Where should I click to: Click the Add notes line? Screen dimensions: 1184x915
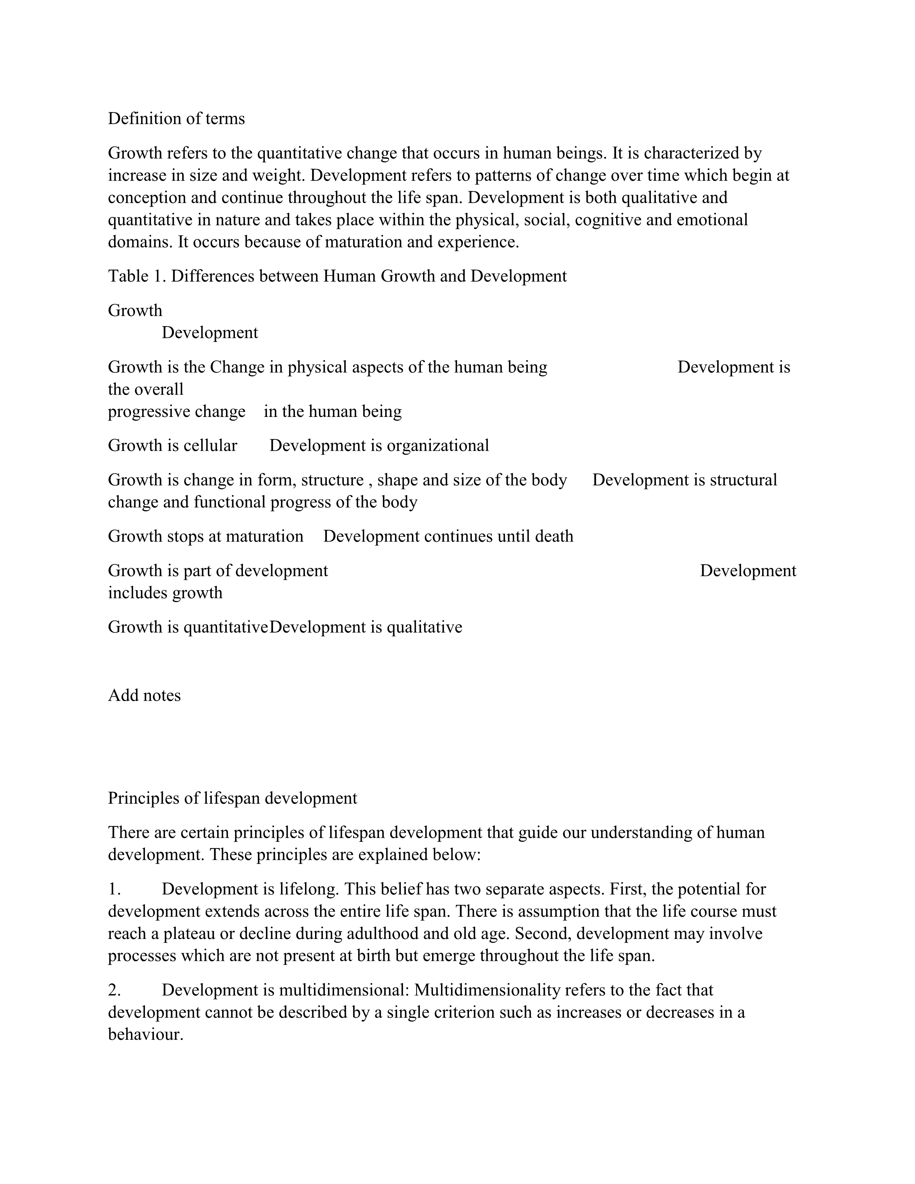point(144,696)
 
